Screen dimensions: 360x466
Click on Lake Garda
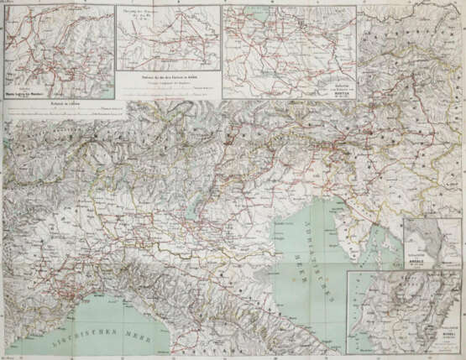click(194, 206)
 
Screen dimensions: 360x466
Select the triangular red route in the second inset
click(172, 46)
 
